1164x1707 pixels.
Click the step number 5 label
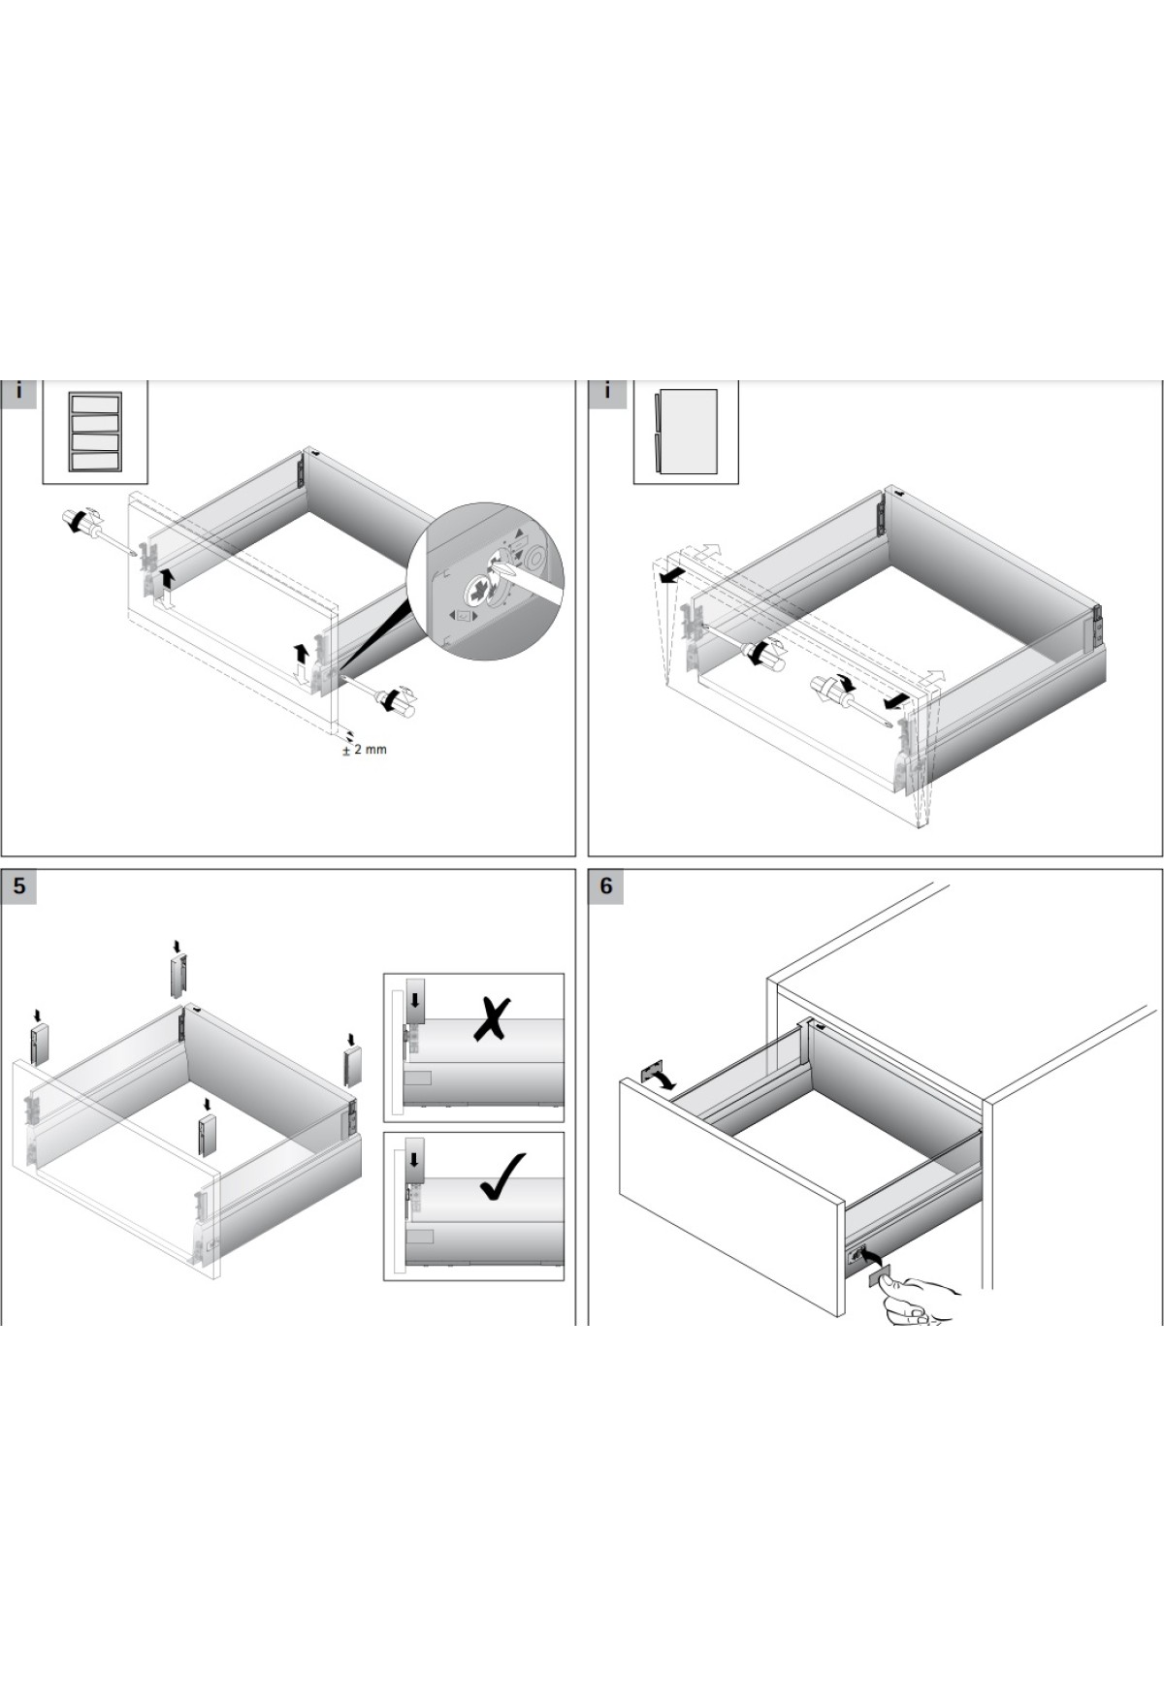coord(18,886)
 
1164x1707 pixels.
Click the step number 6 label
coord(606,886)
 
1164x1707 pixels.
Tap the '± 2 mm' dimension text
coord(365,750)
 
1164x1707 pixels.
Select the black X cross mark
coord(492,1018)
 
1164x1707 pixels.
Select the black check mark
coord(502,1176)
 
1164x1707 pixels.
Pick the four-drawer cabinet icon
coord(95,432)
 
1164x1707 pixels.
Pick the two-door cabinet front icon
coord(686,432)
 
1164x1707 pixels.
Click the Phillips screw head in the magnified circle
coord(479,590)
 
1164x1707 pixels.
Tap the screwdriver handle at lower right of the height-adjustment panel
coord(398,700)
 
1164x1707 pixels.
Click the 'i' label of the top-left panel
coord(18,392)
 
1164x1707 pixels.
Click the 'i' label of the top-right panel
coord(606,392)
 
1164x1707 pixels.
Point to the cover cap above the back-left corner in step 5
coord(178,976)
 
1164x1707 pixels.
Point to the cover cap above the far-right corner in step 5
coord(352,1065)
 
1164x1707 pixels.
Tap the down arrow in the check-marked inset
coord(415,1159)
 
